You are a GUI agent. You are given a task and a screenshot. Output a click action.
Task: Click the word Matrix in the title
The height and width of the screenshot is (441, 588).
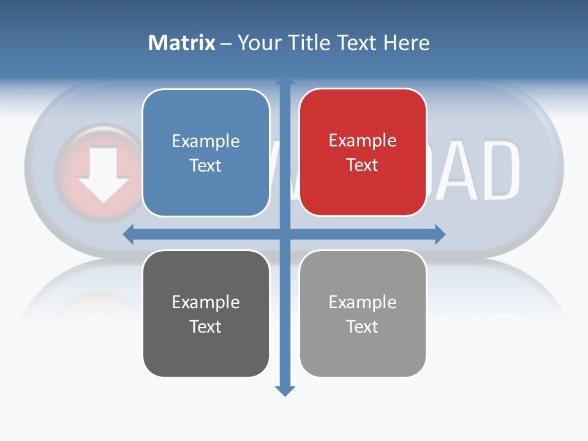click(181, 43)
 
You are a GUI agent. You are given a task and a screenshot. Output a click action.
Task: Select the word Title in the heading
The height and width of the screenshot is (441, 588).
click(309, 43)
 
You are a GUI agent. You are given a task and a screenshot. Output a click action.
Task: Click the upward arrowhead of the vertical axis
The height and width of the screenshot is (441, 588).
click(285, 80)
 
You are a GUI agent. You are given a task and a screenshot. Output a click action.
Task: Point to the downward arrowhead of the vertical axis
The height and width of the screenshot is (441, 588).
click(285, 390)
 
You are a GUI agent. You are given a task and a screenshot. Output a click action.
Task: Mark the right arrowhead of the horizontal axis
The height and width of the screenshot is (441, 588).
click(440, 234)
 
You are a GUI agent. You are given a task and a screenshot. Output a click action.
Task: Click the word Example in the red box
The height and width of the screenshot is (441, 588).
click(363, 141)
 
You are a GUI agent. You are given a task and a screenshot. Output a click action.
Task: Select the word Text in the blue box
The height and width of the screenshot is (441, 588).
click(206, 166)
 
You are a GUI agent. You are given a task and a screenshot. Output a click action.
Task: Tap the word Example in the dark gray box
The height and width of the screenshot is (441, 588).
click(206, 302)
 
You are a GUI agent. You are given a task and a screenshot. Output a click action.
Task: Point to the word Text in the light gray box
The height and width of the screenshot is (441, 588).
click(363, 326)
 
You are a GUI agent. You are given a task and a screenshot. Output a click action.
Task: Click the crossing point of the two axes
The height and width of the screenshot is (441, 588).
click(285, 234)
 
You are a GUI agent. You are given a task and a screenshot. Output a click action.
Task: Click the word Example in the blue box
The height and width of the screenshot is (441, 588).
click(206, 141)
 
